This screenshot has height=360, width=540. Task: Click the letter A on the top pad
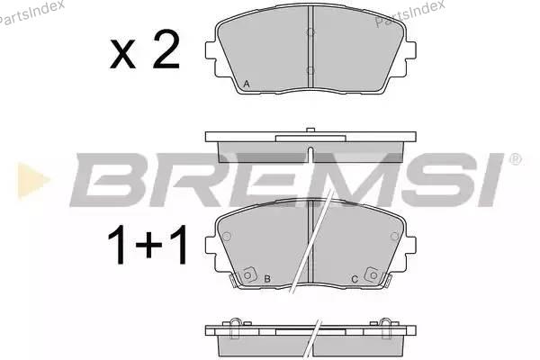[247, 84]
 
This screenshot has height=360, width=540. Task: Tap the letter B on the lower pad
[267, 279]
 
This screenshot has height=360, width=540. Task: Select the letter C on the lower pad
[355, 279]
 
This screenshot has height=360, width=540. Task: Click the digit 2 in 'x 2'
[166, 49]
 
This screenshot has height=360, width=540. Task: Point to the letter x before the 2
[122, 54]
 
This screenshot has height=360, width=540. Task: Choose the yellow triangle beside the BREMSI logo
[32, 181]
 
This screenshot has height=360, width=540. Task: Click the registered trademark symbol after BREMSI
[515, 159]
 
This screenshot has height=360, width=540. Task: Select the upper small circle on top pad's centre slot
[310, 32]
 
